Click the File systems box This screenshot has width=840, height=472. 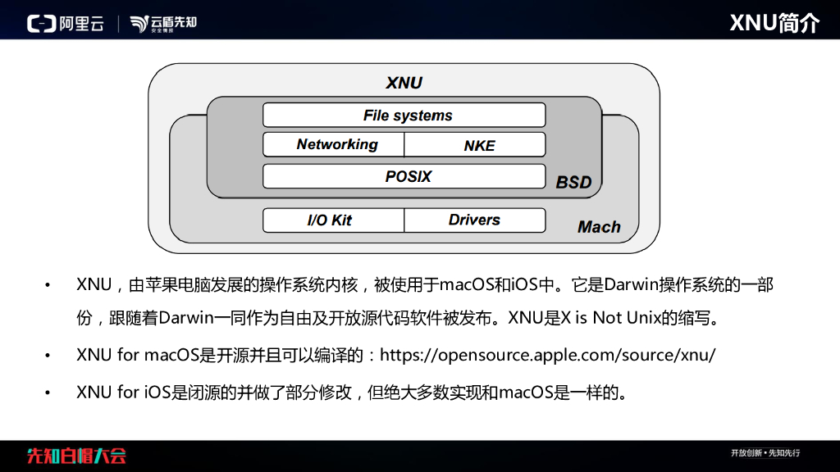[x=404, y=116]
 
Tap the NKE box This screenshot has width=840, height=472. [x=476, y=145]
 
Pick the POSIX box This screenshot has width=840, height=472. [x=404, y=176]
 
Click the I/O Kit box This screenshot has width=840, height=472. [x=333, y=220]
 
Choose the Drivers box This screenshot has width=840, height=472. [x=475, y=220]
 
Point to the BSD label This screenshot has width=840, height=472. [x=573, y=182]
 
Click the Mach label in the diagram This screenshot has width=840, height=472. [x=599, y=227]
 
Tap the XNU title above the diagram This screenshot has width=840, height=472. [x=404, y=83]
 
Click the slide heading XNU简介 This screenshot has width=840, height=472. [x=774, y=22]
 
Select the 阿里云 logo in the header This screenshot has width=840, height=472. [x=66, y=23]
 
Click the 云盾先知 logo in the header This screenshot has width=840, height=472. [x=163, y=23]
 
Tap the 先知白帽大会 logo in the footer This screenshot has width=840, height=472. [x=76, y=456]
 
